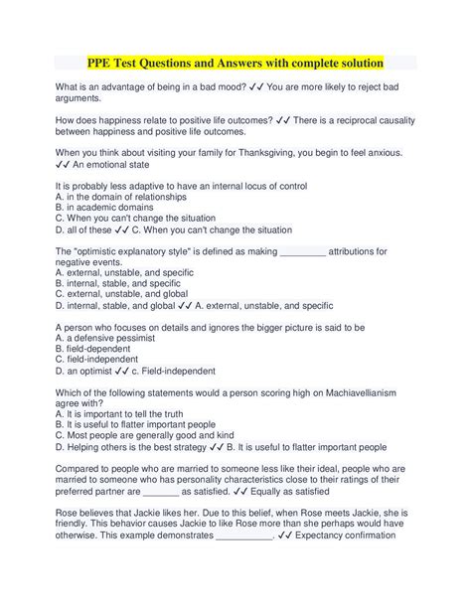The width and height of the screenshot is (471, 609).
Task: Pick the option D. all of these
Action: pyautogui.click(x=92, y=229)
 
